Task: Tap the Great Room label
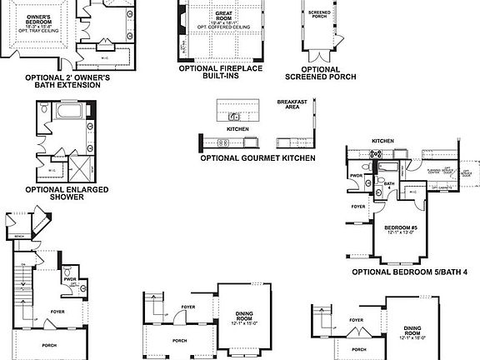pyautogui.click(x=223, y=13)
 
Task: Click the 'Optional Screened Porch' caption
pyautogui.click(x=321, y=72)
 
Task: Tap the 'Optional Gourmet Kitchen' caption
pyautogui.click(x=258, y=157)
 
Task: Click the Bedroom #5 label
pyautogui.click(x=402, y=227)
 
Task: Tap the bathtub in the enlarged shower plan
pyautogui.click(x=66, y=111)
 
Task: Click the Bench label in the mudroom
pyautogui.click(x=18, y=236)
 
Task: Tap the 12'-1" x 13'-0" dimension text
pyautogui.click(x=402, y=234)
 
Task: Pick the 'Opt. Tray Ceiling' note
pyautogui.click(x=37, y=32)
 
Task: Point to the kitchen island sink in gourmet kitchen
pyautogui.click(x=237, y=114)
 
